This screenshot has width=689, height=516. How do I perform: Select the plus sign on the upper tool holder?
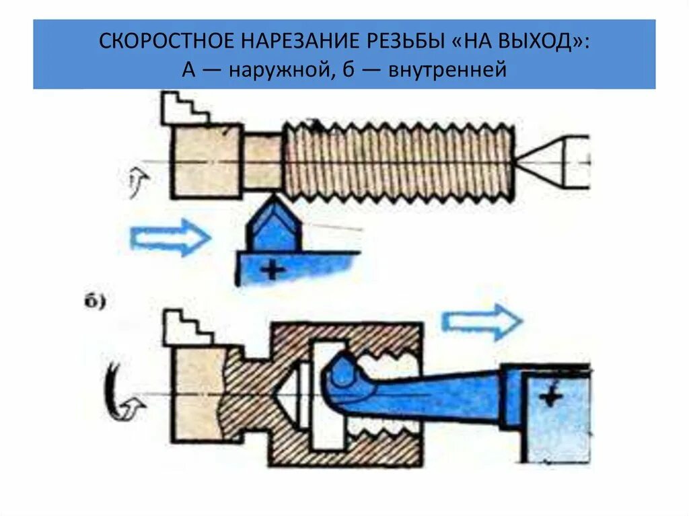point(273,270)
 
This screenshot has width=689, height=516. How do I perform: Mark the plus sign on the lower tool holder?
point(552,398)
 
